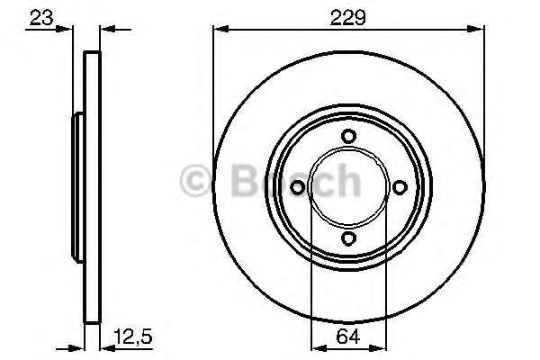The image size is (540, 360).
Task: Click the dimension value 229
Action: [347, 17]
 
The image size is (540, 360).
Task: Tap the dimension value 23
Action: [41, 18]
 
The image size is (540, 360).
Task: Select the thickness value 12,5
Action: [133, 337]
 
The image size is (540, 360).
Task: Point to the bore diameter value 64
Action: [348, 337]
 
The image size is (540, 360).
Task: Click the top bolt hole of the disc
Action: [348, 136]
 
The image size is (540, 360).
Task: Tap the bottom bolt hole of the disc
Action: [348, 238]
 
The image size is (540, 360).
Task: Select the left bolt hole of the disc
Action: [297, 188]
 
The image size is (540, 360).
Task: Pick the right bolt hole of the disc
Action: [400, 188]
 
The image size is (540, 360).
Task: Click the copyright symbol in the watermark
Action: [195, 181]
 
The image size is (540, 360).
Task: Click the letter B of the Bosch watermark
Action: [245, 180]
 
